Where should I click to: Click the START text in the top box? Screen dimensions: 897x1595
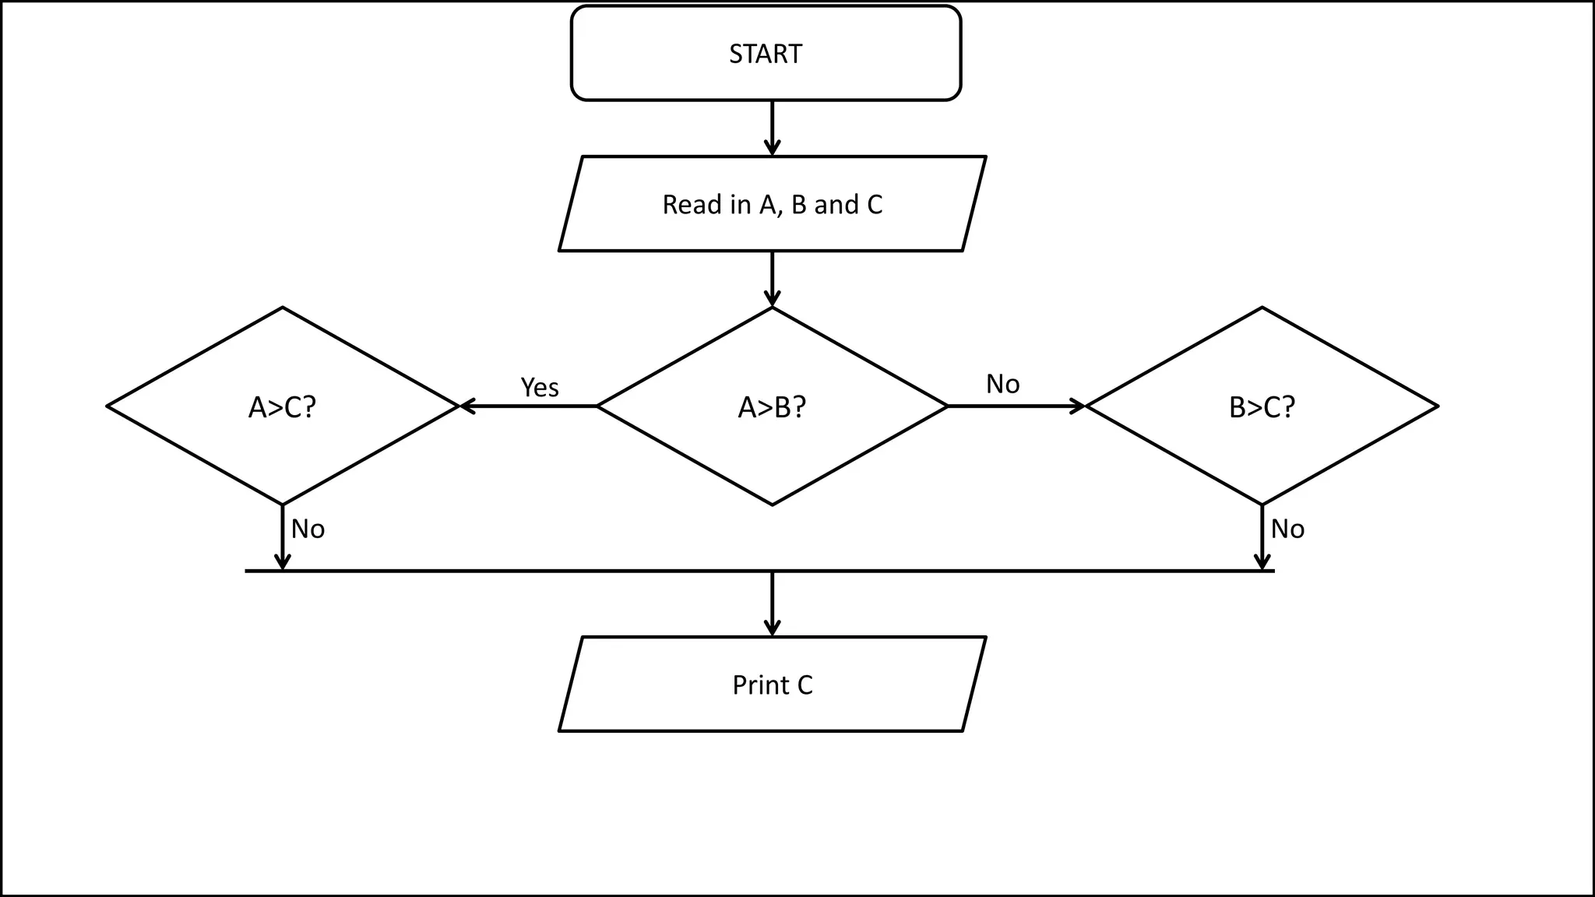coord(765,54)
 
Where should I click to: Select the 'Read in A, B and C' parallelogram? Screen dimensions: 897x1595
coord(772,204)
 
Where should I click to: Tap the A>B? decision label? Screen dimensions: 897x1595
coord(772,407)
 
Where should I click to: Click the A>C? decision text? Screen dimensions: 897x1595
coord(282,407)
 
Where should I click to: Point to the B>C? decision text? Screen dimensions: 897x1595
coord(1262,407)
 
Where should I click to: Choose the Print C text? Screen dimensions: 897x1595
coord(772,685)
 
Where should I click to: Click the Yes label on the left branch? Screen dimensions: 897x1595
coord(539,387)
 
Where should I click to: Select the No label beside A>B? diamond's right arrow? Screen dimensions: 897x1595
coord(1002,384)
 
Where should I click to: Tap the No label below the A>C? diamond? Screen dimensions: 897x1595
coord(308,529)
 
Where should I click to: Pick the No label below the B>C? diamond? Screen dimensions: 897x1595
coord(1287,529)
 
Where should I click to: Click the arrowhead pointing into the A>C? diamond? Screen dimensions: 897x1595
coord(467,406)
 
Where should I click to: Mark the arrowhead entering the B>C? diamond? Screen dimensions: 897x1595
coord(1078,406)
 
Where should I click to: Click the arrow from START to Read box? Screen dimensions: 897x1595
coord(772,128)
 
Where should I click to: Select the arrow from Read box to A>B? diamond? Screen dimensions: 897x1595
coord(772,279)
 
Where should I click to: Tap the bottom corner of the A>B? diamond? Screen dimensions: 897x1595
coord(772,505)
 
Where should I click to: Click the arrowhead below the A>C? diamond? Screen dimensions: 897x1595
coord(283,562)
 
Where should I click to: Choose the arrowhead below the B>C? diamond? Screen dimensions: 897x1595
coord(1262,562)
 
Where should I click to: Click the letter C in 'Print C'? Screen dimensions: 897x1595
coord(805,685)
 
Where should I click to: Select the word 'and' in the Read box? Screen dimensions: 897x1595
coord(836,204)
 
